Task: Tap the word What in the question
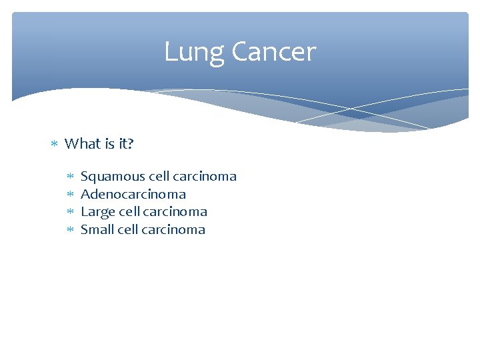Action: click(82, 143)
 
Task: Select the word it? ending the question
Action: click(125, 143)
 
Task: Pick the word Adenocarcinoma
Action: click(133, 195)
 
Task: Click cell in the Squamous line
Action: click(159, 177)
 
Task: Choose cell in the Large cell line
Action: click(129, 212)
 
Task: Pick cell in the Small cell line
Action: click(128, 230)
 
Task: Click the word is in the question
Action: click(108, 143)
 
